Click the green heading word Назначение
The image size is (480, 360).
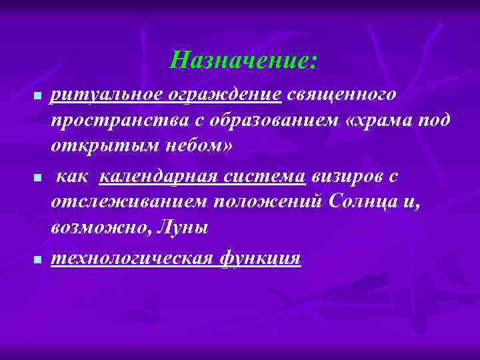[x=241, y=61]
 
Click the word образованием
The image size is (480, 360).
[x=243, y=121]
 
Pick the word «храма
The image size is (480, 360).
[x=366, y=121]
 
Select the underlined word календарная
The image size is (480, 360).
[x=157, y=177]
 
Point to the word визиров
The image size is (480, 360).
[x=348, y=177]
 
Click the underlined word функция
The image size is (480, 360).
[x=260, y=258]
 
